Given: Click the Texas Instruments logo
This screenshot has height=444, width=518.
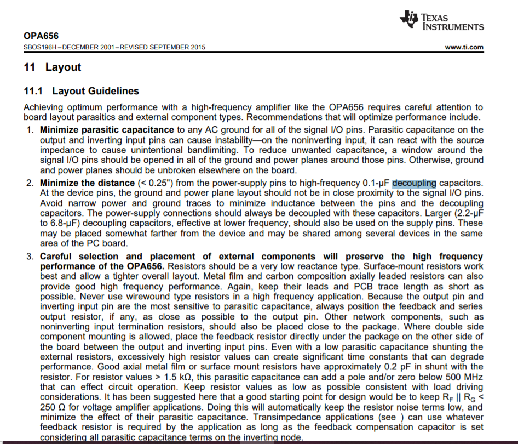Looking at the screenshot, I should click(442, 20).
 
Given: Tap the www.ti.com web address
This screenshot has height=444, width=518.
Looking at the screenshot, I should click(464, 47).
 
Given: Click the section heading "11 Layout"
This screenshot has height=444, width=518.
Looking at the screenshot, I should click(53, 67).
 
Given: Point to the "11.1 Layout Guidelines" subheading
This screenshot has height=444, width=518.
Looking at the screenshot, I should click(81, 91).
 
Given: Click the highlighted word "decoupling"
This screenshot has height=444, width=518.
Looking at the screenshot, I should click(415, 183).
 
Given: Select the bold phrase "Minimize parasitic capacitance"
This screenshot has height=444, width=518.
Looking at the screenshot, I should click(107, 130).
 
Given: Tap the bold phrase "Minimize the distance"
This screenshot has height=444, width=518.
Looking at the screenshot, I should click(87, 183).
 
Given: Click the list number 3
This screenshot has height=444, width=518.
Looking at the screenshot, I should click(30, 257).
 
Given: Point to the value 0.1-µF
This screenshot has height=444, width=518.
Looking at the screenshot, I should click(376, 183).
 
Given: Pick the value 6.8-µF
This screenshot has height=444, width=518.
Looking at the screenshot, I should click(57, 223).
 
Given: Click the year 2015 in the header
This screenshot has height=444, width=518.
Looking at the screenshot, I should click(197, 47).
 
